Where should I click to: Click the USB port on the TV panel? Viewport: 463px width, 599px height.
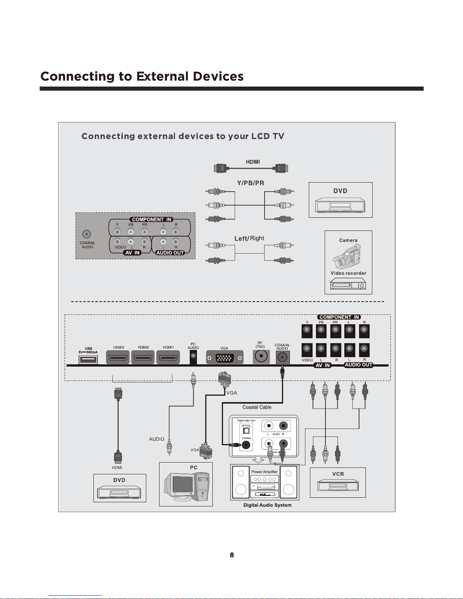(x=88, y=359)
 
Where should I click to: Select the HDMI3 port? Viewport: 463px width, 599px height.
(x=118, y=357)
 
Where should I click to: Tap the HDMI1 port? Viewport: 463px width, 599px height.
(x=168, y=357)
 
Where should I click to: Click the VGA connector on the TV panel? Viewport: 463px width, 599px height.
(x=225, y=357)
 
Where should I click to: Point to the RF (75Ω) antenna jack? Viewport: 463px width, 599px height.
(x=261, y=356)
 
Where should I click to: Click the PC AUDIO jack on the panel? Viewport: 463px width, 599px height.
(x=193, y=357)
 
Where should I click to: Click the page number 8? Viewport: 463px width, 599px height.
(x=232, y=555)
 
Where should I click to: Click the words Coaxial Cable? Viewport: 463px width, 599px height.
(x=257, y=407)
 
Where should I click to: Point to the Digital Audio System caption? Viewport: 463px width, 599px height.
(x=267, y=505)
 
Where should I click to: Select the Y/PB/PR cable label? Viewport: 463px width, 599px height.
(x=250, y=183)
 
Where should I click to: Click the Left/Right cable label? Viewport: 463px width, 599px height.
(x=249, y=238)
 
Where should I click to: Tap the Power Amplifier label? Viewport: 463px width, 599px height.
(x=264, y=472)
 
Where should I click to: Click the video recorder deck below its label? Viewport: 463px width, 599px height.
(x=348, y=284)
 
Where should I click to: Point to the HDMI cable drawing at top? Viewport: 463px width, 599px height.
(x=251, y=168)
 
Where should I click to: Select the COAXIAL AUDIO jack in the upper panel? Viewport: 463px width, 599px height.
(x=87, y=234)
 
